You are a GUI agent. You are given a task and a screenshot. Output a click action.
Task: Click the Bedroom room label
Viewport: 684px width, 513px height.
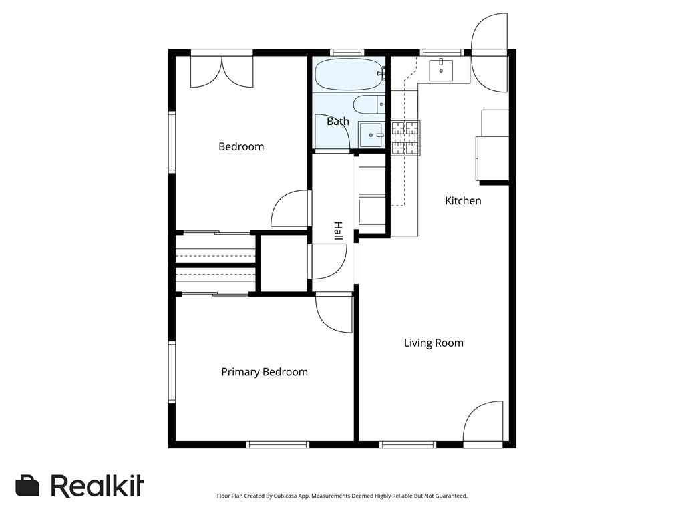[241, 146]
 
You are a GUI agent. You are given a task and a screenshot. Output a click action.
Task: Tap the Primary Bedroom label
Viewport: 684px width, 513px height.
[265, 372]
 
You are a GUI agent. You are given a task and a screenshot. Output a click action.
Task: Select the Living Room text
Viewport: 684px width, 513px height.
[434, 343]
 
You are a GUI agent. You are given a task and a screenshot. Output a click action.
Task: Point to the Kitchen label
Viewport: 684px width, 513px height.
[463, 200]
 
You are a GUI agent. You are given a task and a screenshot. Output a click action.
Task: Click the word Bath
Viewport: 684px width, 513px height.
[337, 122]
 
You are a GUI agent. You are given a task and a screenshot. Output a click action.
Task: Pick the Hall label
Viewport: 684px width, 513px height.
[338, 231]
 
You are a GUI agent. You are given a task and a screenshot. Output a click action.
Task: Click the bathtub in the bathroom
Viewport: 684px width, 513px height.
[349, 74]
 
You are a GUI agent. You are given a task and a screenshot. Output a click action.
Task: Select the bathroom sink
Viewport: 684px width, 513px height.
[371, 134]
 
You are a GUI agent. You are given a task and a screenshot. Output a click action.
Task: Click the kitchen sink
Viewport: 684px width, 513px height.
[441, 69]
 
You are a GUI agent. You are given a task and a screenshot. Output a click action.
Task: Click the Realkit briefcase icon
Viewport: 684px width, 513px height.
[27, 486]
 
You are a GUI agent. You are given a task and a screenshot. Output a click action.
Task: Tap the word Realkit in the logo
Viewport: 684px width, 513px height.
[97, 486]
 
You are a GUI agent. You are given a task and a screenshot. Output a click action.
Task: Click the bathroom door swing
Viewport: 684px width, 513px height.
[332, 132]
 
